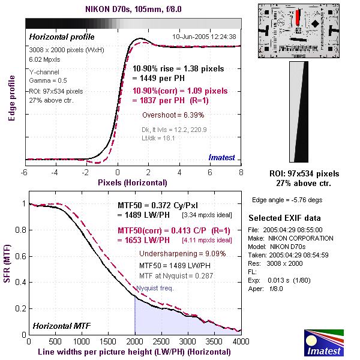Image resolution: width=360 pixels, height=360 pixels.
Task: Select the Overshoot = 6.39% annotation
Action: pyautogui.click(x=173, y=115)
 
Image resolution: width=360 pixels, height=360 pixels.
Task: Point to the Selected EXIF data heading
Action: pyautogui.click(x=284, y=218)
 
